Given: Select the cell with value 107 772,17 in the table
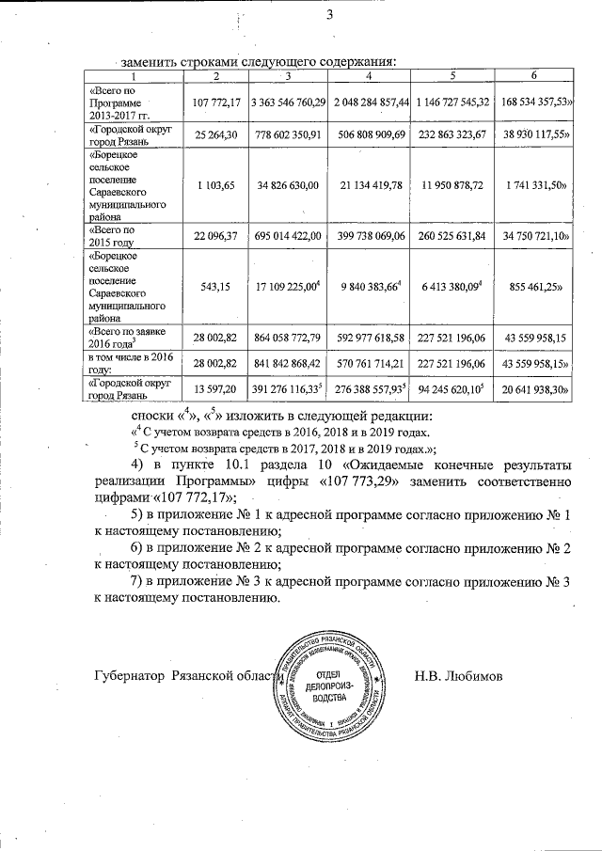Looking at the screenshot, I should pyautogui.click(x=216, y=102).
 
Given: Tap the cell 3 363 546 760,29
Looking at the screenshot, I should pyautogui.click(x=288, y=102).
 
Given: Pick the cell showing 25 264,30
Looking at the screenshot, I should pyautogui.click(x=216, y=135).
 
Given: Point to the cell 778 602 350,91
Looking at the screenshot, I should pyautogui.click(x=288, y=135).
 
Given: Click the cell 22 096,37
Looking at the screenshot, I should pyautogui.click(x=216, y=234).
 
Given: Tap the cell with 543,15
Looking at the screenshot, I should pyautogui.click(x=216, y=281).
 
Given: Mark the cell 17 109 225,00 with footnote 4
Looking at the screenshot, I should pyautogui.click(x=288, y=281).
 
